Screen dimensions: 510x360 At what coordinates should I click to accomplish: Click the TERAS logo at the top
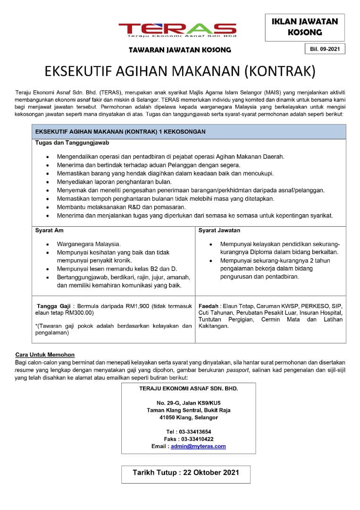coord(177,29)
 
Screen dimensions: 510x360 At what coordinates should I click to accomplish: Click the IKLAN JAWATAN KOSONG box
coord(305,27)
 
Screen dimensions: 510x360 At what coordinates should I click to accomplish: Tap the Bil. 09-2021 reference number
coord(325,49)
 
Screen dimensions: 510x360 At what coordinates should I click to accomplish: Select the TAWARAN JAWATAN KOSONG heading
coord(180,50)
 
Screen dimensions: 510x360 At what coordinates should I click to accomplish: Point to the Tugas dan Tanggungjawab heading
coord(66,142)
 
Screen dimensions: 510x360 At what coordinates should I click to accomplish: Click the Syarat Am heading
coord(49,230)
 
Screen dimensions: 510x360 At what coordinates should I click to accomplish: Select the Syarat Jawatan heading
coord(219,230)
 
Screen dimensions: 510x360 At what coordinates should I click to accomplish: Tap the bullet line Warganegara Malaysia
coord(89,244)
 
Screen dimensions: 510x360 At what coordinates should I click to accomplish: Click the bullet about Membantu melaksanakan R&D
coord(121,207)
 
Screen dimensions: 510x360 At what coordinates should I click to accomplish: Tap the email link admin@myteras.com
coord(198,446)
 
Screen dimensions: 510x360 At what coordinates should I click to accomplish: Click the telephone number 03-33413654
coord(195,432)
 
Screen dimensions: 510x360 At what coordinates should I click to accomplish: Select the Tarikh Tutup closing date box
coord(186,473)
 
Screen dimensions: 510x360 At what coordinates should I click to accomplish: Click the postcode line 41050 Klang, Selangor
coord(188,417)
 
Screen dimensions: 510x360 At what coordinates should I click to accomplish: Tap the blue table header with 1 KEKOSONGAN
coord(189,132)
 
